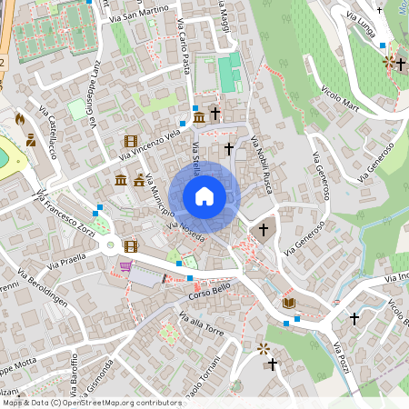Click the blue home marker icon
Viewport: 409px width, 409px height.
pos(204,196)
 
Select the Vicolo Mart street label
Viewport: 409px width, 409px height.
pos(342,100)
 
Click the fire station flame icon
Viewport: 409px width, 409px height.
pos(20,118)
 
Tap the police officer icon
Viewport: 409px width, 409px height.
pos(31,141)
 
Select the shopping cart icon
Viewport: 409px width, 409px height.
pos(125,266)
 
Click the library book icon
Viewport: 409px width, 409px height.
pos(289,303)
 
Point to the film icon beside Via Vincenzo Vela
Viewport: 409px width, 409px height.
pos(131,141)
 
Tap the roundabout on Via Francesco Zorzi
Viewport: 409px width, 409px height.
pos(111,244)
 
